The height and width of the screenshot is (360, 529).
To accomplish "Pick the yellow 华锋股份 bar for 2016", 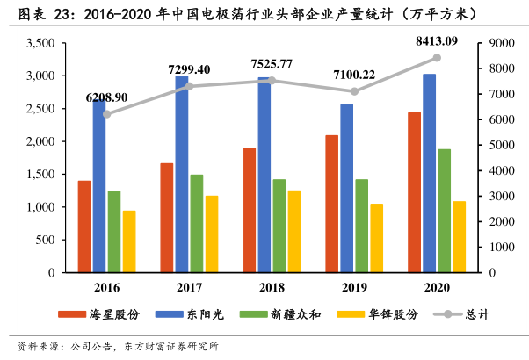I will tap(129, 241).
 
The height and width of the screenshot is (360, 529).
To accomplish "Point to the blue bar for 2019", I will tap(346, 188).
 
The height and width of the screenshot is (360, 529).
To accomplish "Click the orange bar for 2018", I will tap(250, 210).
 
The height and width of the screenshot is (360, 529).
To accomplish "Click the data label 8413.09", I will tap(436, 41).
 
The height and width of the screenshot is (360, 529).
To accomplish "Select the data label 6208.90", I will tap(107, 97).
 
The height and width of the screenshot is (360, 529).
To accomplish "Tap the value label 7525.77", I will tap(272, 63).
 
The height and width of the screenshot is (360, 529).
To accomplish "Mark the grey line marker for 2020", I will tap(436, 58).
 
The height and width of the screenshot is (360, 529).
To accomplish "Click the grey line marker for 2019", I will tap(354, 91).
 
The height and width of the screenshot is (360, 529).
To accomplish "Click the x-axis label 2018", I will tap(270, 286).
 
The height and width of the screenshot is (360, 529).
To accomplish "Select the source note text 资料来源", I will tap(37, 345).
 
